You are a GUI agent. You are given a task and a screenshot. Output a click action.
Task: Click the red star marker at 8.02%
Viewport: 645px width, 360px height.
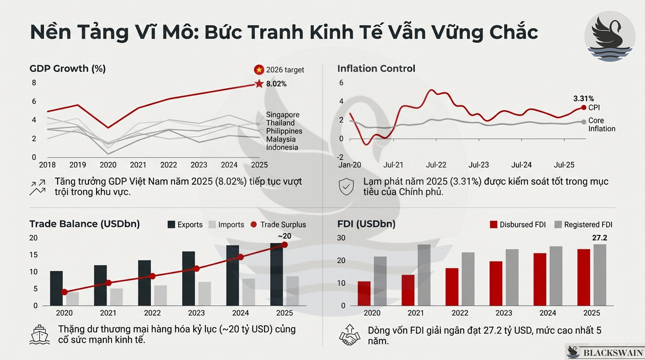click(x=259, y=84)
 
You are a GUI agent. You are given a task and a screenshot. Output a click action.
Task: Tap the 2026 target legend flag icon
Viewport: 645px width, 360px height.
click(x=259, y=70)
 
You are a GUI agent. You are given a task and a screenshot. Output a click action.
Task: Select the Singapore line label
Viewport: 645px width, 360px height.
click(x=283, y=115)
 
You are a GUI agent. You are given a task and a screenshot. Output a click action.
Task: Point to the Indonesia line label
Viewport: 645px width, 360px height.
click(x=282, y=147)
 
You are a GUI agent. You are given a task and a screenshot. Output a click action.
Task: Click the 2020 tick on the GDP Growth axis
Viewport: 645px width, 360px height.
click(x=108, y=165)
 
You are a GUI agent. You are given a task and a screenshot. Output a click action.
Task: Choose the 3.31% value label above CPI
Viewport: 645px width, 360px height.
click(x=584, y=99)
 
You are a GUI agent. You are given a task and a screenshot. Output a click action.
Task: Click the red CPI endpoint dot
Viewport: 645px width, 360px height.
click(x=583, y=108)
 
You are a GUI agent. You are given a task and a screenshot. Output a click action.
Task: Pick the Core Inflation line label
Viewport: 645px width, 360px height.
click(x=602, y=124)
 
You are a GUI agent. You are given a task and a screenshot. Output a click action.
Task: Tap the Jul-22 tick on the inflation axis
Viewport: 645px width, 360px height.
click(x=436, y=165)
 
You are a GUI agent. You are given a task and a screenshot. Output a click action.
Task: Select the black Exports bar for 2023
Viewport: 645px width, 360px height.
click(x=189, y=278)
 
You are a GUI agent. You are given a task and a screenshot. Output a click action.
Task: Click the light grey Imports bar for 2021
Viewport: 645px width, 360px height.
click(x=117, y=297)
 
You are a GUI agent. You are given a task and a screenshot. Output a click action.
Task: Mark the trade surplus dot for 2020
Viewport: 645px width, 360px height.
click(x=65, y=292)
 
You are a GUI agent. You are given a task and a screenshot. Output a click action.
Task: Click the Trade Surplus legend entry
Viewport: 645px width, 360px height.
click(x=278, y=225)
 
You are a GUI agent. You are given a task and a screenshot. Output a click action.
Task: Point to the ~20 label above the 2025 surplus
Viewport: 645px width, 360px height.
click(x=284, y=236)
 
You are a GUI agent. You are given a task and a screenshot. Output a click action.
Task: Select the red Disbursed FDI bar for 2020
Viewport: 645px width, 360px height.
click(x=364, y=293)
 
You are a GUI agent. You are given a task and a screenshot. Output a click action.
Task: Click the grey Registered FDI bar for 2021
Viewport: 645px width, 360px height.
click(x=424, y=275)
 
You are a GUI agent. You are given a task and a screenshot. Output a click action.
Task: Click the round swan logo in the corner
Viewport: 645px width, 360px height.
click(x=610, y=36)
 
